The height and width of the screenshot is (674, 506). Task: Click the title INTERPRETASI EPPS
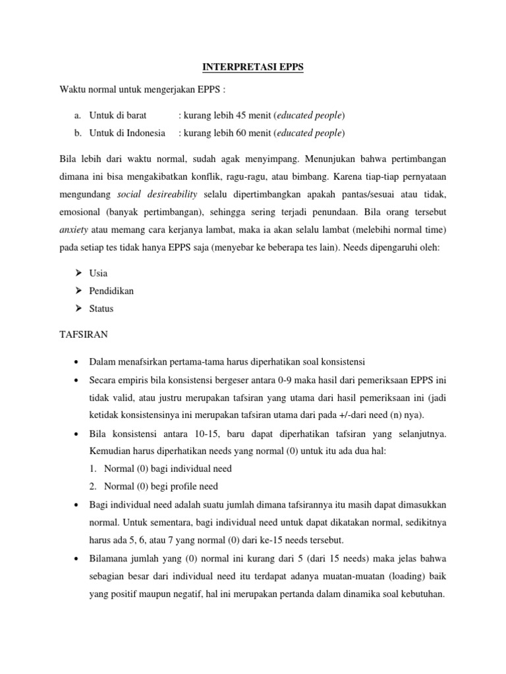click(x=253, y=68)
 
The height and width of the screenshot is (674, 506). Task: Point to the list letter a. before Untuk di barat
click(x=78, y=115)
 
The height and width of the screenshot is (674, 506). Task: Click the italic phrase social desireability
click(x=157, y=195)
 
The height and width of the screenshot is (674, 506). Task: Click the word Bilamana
click(x=109, y=557)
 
